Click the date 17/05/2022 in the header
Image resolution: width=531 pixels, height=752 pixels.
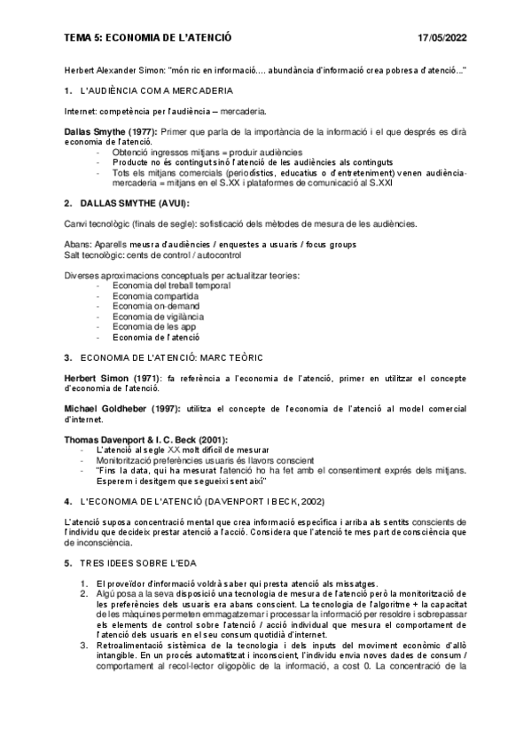pos(441,38)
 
